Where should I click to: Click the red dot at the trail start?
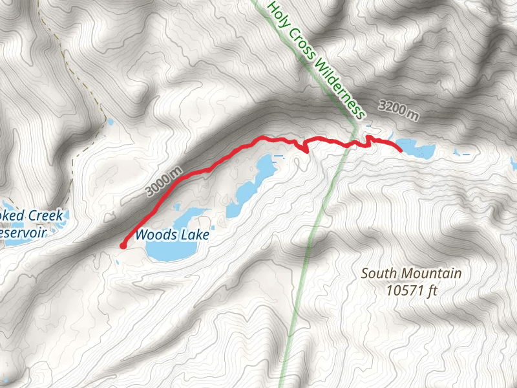click(x=123, y=245)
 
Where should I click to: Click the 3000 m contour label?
click(x=164, y=182)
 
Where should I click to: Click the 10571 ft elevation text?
click(x=412, y=290)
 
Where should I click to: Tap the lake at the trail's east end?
click(x=416, y=149)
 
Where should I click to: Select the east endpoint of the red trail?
click(x=401, y=150)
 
